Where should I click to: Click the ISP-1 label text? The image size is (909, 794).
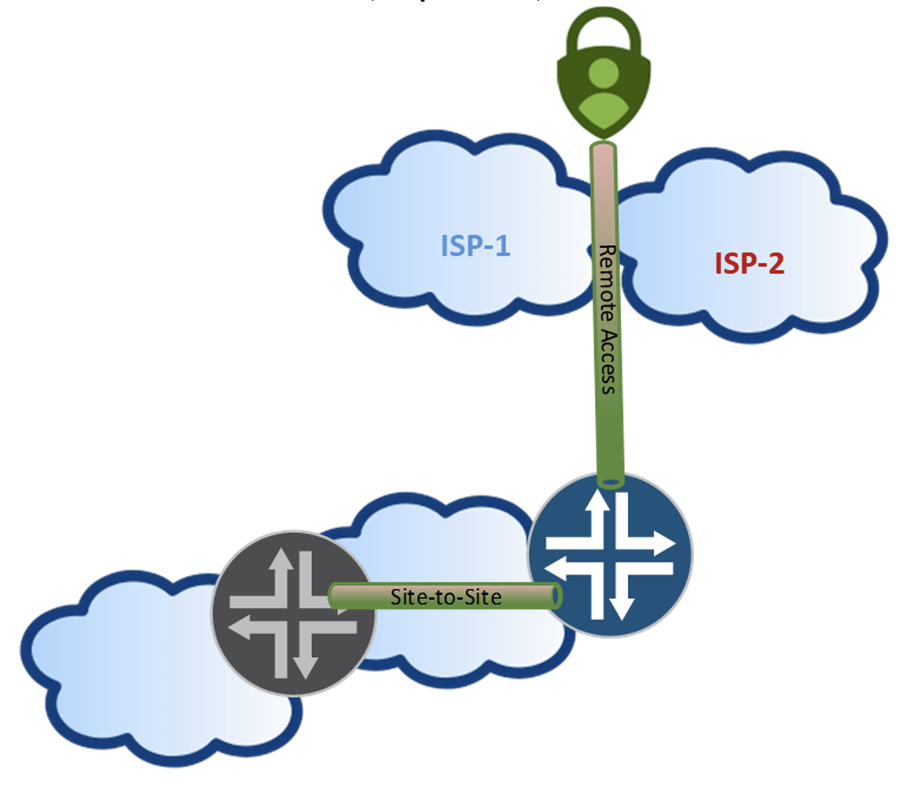pos(475,245)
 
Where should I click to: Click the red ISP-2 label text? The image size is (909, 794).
pos(749,263)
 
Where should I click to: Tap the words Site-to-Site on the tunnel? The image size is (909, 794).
pos(445,597)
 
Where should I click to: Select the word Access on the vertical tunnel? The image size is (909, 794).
pos(607,360)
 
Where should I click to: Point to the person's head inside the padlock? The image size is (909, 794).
pos(603,74)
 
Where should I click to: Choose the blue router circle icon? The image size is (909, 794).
pos(610,555)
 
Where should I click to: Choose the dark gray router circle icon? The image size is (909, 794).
pos(293,612)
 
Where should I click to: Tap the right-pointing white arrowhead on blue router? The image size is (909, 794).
pos(664,543)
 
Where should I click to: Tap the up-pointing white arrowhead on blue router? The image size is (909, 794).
pos(597,500)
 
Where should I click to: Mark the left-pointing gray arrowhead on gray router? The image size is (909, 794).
pos(239,627)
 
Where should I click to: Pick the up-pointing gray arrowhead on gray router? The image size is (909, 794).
pos(280,559)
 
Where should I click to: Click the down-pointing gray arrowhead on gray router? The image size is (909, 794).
pos(305,668)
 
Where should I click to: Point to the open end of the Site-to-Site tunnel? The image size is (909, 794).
pos(556,596)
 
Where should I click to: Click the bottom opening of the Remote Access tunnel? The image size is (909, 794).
pos(611,483)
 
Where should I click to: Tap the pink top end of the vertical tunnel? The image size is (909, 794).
pos(603,149)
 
